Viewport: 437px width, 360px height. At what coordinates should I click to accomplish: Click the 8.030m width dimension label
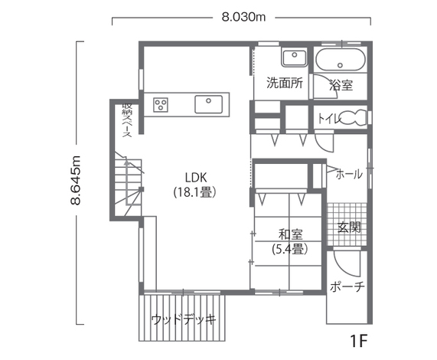coord(243,18)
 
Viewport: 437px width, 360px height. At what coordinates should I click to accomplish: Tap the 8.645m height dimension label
coord(76,181)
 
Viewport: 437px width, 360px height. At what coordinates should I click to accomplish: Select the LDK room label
coord(196,178)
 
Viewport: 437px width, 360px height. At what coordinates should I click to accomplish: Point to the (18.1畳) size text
coord(195,191)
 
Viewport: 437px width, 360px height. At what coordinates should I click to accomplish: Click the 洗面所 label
coord(285,83)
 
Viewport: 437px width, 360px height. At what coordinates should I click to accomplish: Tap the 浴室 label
coord(341,85)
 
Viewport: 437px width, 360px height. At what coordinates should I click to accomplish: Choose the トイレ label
coord(330,119)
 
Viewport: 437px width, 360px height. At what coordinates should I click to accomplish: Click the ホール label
coord(349,175)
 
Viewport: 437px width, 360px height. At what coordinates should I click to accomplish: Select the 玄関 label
coord(349,227)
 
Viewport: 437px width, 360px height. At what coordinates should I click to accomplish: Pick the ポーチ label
coord(347,286)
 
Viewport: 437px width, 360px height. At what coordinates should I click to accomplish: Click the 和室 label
coord(291,234)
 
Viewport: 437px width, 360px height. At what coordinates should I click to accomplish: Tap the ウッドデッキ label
coord(184,319)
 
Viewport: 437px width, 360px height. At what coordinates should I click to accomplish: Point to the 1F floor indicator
coord(359,341)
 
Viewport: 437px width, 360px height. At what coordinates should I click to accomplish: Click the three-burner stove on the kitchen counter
coord(161,105)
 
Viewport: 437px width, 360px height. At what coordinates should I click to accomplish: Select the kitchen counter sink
coord(209,104)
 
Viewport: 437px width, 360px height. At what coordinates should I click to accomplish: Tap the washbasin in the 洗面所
coord(295,57)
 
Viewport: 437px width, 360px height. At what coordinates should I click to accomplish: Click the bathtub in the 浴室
coord(341,61)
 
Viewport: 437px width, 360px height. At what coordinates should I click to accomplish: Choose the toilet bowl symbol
coord(353,118)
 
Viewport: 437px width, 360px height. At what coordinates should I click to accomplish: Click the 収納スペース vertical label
coord(127,120)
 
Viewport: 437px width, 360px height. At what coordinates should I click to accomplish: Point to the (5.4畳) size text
coord(290,249)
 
